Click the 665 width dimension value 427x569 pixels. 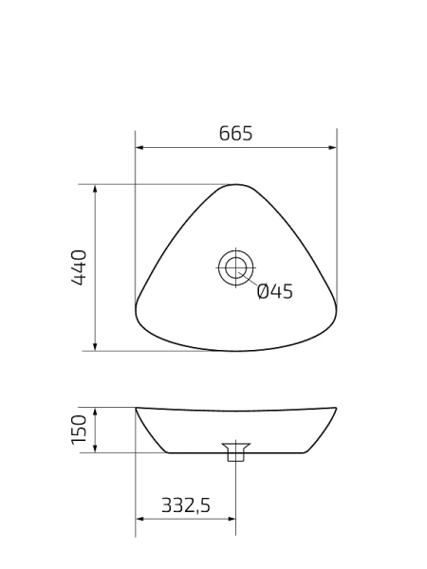[x=235, y=134]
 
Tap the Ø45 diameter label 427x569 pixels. [x=274, y=292]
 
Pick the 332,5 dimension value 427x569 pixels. [x=185, y=506]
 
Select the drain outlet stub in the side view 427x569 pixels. [x=234, y=452]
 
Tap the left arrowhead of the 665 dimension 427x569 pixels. [x=139, y=148]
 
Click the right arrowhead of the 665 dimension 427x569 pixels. [x=332, y=148]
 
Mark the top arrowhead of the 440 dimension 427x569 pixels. [x=96, y=189]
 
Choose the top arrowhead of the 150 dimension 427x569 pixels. [x=96, y=412]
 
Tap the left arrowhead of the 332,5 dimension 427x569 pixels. [x=139, y=520]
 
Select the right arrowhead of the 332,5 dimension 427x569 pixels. [x=231, y=520]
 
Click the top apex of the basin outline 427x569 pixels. [x=234, y=185]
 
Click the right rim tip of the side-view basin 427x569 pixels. [x=335, y=409]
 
